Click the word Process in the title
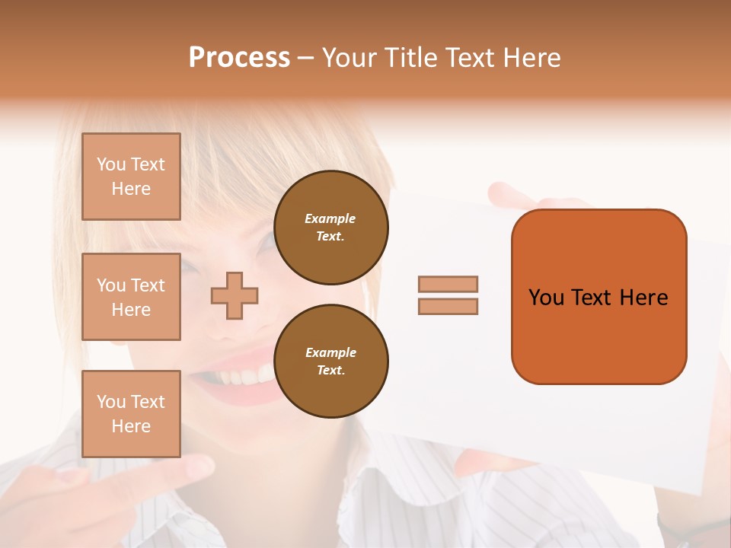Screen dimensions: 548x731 click(x=239, y=57)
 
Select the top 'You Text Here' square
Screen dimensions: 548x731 click(x=131, y=177)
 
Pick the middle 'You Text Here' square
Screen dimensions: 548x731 click(x=131, y=297)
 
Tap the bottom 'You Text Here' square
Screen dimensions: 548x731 click(x=131, y=413)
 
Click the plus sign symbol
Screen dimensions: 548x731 click(x=235, y=295)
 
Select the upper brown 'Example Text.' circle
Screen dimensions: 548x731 click(x=330, y=228)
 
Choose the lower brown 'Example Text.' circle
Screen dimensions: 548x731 click(x=330, y=362)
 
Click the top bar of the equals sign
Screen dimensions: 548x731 click(x=448, y=284)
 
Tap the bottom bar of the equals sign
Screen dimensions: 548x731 click(x=448, y=306)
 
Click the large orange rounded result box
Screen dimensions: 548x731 click(x=599, y=296)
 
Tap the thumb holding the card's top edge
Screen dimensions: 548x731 click(x=506, y=195)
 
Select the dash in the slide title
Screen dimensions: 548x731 click(x=306, y=58)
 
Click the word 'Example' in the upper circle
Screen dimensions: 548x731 click(x=330, y=218)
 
